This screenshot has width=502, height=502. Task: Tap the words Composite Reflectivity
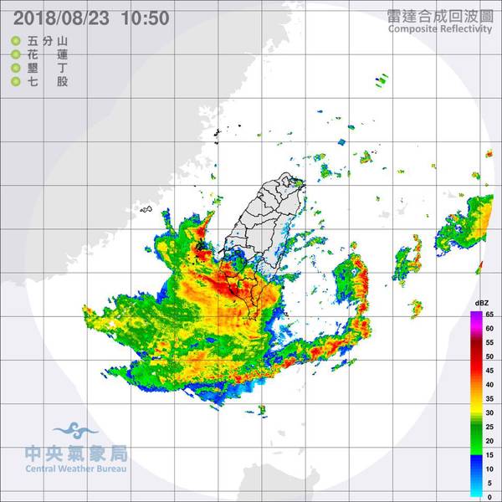(442, 29)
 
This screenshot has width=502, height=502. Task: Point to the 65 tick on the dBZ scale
(490, 315)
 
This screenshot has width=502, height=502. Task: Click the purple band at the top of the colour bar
(476, 315)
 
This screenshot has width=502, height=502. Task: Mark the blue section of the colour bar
(476, 456)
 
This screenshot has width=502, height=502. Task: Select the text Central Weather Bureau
(75, 470)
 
